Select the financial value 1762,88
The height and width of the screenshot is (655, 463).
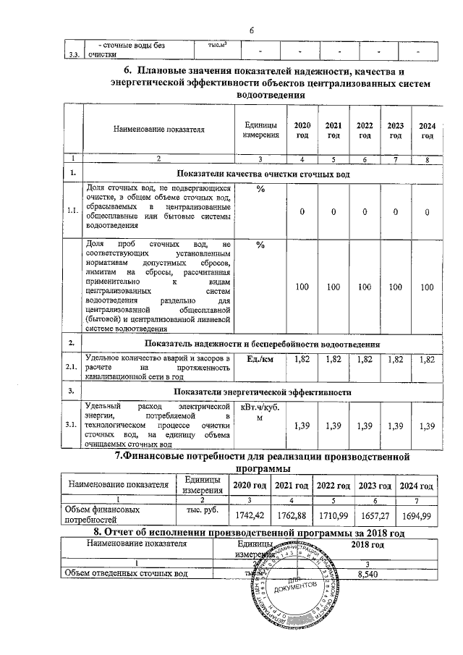pos(287,515)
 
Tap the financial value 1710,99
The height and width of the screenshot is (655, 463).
pos(333,515)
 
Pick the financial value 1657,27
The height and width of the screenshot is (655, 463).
pos(375,515)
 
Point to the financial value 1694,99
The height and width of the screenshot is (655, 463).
pos(417,515)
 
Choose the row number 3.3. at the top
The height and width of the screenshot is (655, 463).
pos(73,54)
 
